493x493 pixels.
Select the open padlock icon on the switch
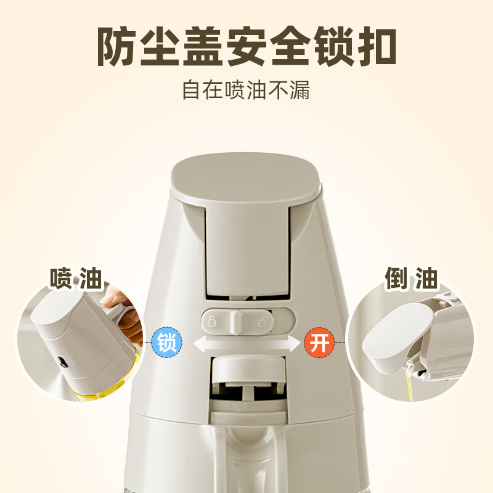click(264, 320)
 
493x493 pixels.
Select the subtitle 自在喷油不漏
click(246, 91)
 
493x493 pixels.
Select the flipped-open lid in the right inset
click(394, 336)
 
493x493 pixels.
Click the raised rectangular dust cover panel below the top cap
click(246, 246)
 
